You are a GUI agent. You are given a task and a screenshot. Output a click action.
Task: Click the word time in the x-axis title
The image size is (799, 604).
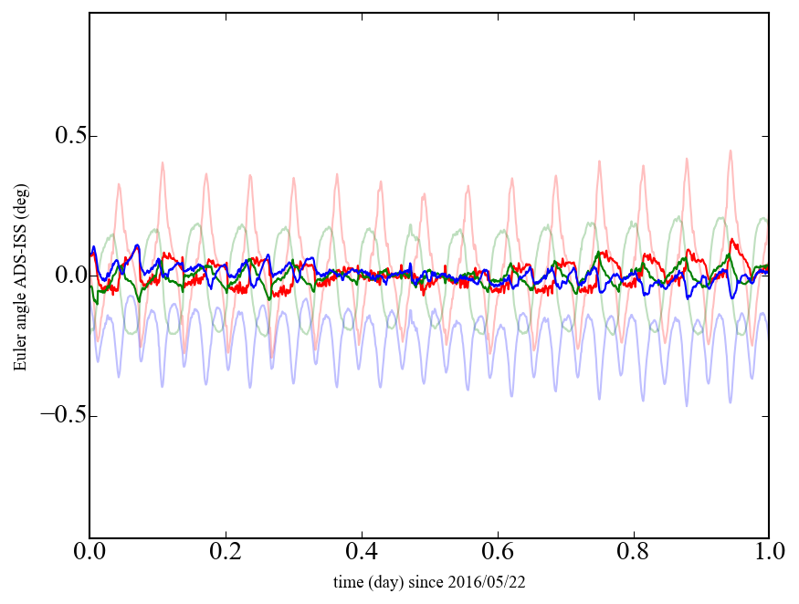tap(347, 581)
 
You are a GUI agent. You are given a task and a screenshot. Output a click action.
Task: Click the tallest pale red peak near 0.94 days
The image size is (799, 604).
tap(731, 151)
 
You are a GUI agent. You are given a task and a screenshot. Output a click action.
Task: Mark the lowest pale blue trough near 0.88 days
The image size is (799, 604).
tap(687, 404)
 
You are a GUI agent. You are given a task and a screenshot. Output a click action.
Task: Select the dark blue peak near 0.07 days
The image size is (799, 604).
tap(137, 246)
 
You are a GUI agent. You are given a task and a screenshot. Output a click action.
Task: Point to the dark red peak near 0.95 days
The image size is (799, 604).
tap(733, 241)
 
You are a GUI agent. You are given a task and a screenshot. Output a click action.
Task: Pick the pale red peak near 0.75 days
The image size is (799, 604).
tap(600, 162)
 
